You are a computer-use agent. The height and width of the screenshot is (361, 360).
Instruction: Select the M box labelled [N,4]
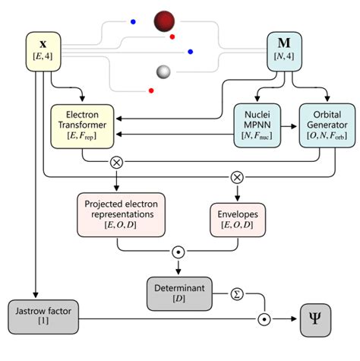tap(292, 51)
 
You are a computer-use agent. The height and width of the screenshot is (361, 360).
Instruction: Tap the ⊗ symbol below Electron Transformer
tap(116, 162)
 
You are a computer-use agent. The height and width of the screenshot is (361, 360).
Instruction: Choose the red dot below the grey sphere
tap(151, 91)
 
